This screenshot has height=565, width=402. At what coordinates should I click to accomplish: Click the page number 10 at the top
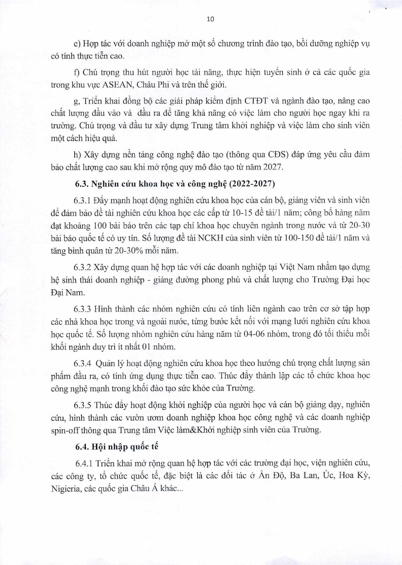click(210, 19)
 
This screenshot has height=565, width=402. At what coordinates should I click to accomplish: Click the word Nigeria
click(65, 488)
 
